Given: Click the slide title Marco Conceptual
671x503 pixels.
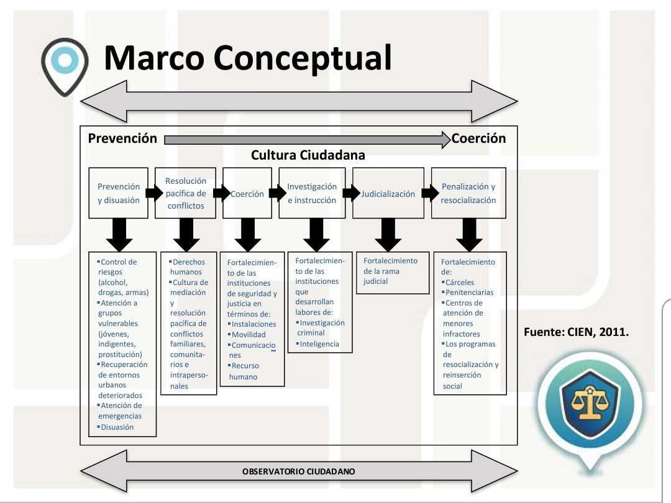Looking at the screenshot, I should coord(247,58).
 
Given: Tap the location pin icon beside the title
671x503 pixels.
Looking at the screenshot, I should coord(63,64).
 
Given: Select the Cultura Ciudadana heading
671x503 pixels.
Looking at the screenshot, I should coord(308,155).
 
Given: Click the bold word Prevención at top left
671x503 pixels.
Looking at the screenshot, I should coord(122,138).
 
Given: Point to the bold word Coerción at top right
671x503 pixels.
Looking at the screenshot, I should coord(478,138).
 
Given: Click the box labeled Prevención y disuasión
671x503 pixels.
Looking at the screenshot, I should coord(119,193).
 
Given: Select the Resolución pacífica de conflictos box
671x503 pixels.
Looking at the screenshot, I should coord(186,193).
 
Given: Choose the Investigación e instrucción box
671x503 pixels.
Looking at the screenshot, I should coord(312,193).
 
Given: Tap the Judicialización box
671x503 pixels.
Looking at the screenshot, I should coord(388,193).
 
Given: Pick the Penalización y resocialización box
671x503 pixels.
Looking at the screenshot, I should coord(468,193).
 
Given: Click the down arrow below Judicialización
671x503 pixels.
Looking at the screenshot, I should coord(389,235).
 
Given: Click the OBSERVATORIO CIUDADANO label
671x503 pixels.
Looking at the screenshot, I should coord(298,471).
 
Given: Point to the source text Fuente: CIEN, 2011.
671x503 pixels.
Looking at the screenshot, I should coord(572,332).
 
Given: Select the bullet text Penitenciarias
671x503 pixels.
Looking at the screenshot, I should coord(469,292).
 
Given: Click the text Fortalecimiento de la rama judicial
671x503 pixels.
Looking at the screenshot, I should coord(390,271).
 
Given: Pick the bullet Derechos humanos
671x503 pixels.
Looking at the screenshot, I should coord(187,266).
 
